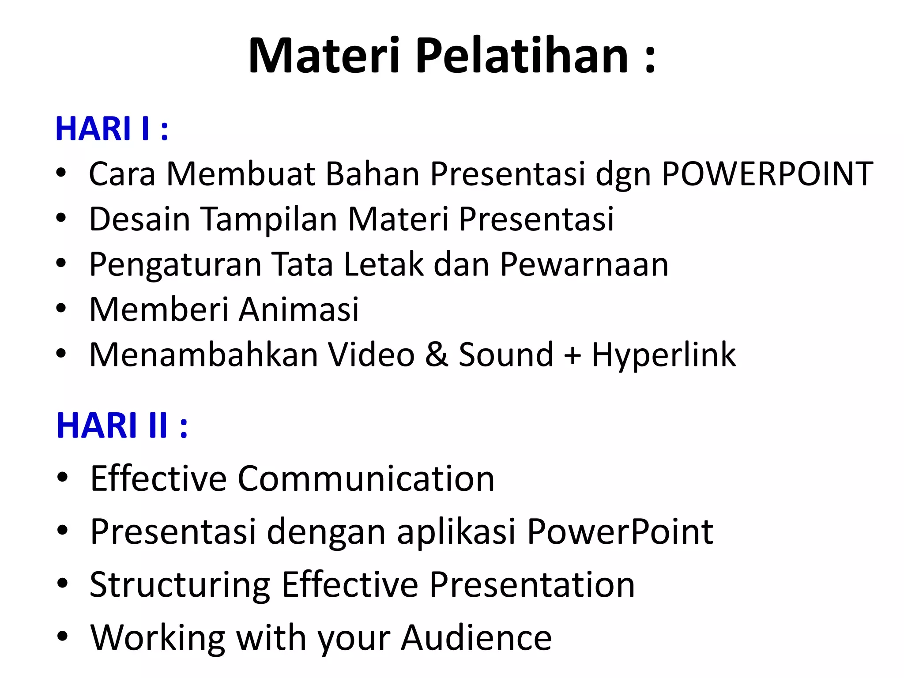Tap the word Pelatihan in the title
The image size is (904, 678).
(x=522, y=56)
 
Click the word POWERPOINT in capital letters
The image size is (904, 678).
(x=767, y=174)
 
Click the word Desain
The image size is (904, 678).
(x=139, y=219)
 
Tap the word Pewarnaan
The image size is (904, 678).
(x=584, y=265)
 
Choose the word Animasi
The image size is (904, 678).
(x=299, y=309)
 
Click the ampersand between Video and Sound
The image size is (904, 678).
(x=437, y=355)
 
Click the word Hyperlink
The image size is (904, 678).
(x=663, y=356)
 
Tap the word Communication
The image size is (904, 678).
(x=366, y=479)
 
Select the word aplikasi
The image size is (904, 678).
(x=456, y=532)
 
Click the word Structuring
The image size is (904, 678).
(x=180, y=586)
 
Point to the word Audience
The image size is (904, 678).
(x=476, y=638)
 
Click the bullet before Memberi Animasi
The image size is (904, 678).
(x=61, y=309)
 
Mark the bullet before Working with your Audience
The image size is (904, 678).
(x=62, y=637)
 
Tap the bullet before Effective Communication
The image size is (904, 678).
(x=62, y=478)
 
